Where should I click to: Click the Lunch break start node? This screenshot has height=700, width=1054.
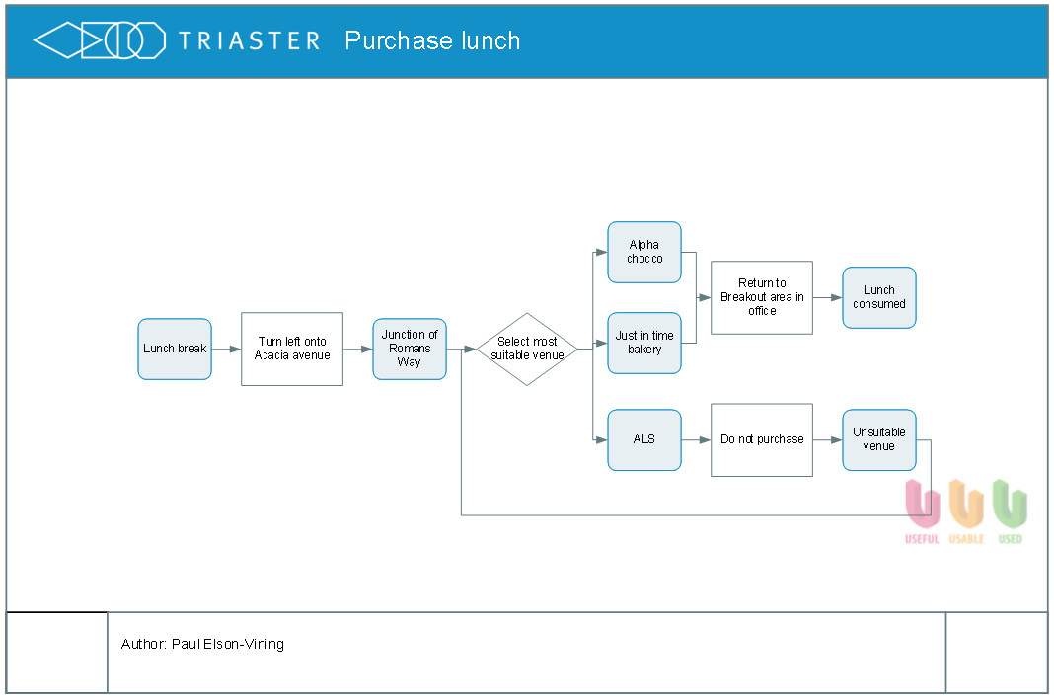coord(175,349)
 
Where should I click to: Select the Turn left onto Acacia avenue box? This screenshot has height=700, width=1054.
coord(292,349)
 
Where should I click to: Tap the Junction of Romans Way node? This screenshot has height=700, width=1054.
coord(410,349)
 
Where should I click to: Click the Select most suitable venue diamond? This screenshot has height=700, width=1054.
coord(527,349)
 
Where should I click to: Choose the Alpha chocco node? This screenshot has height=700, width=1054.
coord(644,252)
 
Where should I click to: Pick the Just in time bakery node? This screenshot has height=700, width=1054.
coord(644,343)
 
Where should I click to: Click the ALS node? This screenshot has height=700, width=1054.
coord(644,439)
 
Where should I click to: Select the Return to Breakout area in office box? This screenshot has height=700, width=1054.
coord(762,297)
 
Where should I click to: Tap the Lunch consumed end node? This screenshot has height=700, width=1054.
coord(879,297)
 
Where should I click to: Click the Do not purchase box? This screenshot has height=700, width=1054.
coord(762,439)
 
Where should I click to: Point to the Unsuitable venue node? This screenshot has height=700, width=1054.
coord(879,439)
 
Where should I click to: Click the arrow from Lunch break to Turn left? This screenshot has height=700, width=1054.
coord(227,349)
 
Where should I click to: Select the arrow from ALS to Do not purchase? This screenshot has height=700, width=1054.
coord(697,439)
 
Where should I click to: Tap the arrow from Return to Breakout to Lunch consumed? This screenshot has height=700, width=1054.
coord(827,297)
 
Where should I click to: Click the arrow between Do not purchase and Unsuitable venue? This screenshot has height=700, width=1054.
coord(827,439)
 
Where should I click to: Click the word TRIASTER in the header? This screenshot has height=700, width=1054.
coord(249,41)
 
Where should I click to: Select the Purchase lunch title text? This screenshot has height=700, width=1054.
coord(432,41)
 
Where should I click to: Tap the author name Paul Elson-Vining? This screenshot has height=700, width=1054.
coord(228,644)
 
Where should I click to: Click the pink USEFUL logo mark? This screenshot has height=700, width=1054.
coord(922,504)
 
